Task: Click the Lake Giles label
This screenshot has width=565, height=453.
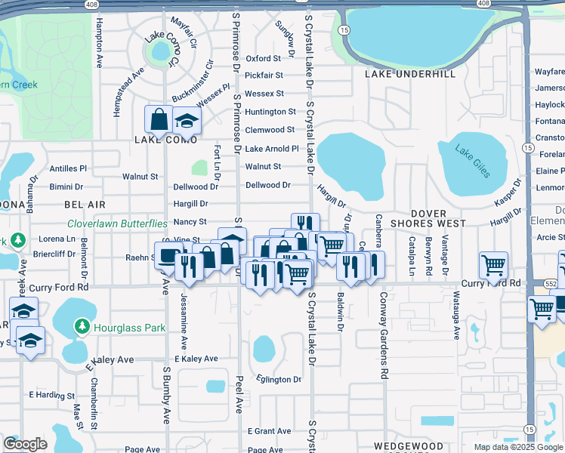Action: [x=473, y=159]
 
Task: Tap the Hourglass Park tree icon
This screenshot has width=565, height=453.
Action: [x=82, y=327]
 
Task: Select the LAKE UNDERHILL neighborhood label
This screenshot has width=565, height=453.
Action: [x=410, y=75]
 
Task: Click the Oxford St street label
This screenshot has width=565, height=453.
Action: [x=264, y=58]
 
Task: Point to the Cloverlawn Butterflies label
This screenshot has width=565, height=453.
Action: [x=117, y=223]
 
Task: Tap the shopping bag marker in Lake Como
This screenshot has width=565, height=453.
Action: [x=159, y=119]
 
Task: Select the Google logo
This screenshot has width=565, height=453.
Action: [x=25, y=444]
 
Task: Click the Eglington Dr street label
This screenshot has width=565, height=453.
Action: [x=279, y=379]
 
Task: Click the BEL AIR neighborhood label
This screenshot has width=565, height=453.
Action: [x=85, y=205]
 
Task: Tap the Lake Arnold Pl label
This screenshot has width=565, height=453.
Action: [x=272, y=149]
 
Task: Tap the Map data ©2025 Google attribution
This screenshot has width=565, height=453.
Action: [x=518, y=447]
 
